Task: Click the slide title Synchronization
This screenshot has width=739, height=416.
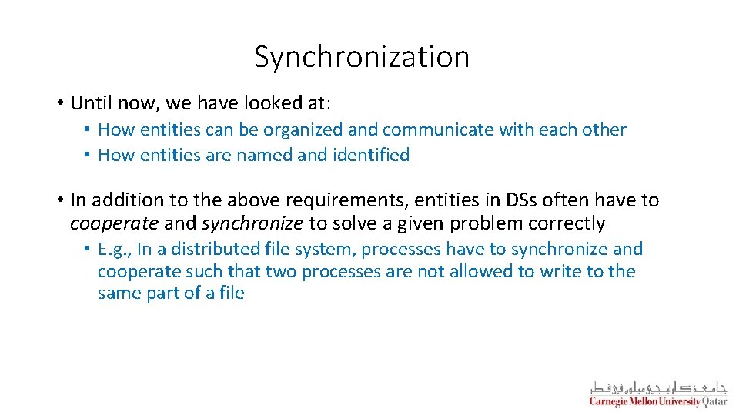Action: [362, 57]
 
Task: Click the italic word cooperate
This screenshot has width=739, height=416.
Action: [114, 223]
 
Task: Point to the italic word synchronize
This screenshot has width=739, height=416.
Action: [252, 223]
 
